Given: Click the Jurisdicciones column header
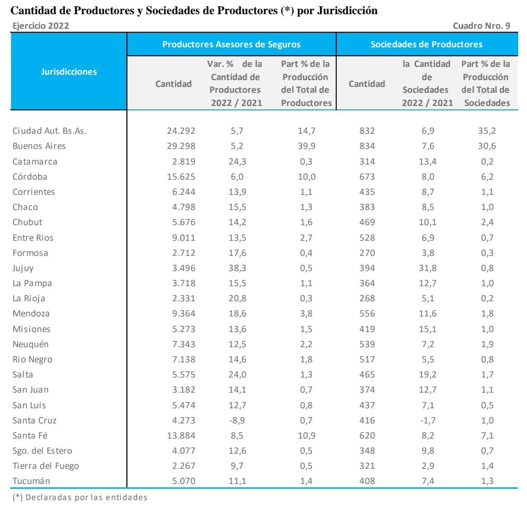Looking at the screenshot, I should tap(68, 71).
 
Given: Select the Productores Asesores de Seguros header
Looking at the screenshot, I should tap(231, 44).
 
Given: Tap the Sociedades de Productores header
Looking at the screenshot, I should tap(426, 44).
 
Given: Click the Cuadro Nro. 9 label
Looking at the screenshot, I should tap(481, 26).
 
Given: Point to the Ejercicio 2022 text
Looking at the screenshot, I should tap(40, 26).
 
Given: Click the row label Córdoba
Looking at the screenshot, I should tap(30, 176).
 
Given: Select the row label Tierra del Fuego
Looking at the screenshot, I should tap(45, 465).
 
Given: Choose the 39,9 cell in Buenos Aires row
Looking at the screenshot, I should tap(306, 146).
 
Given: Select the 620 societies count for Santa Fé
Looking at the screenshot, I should tap(367, 435).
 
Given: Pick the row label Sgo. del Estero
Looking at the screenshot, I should tap(42, 450).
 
